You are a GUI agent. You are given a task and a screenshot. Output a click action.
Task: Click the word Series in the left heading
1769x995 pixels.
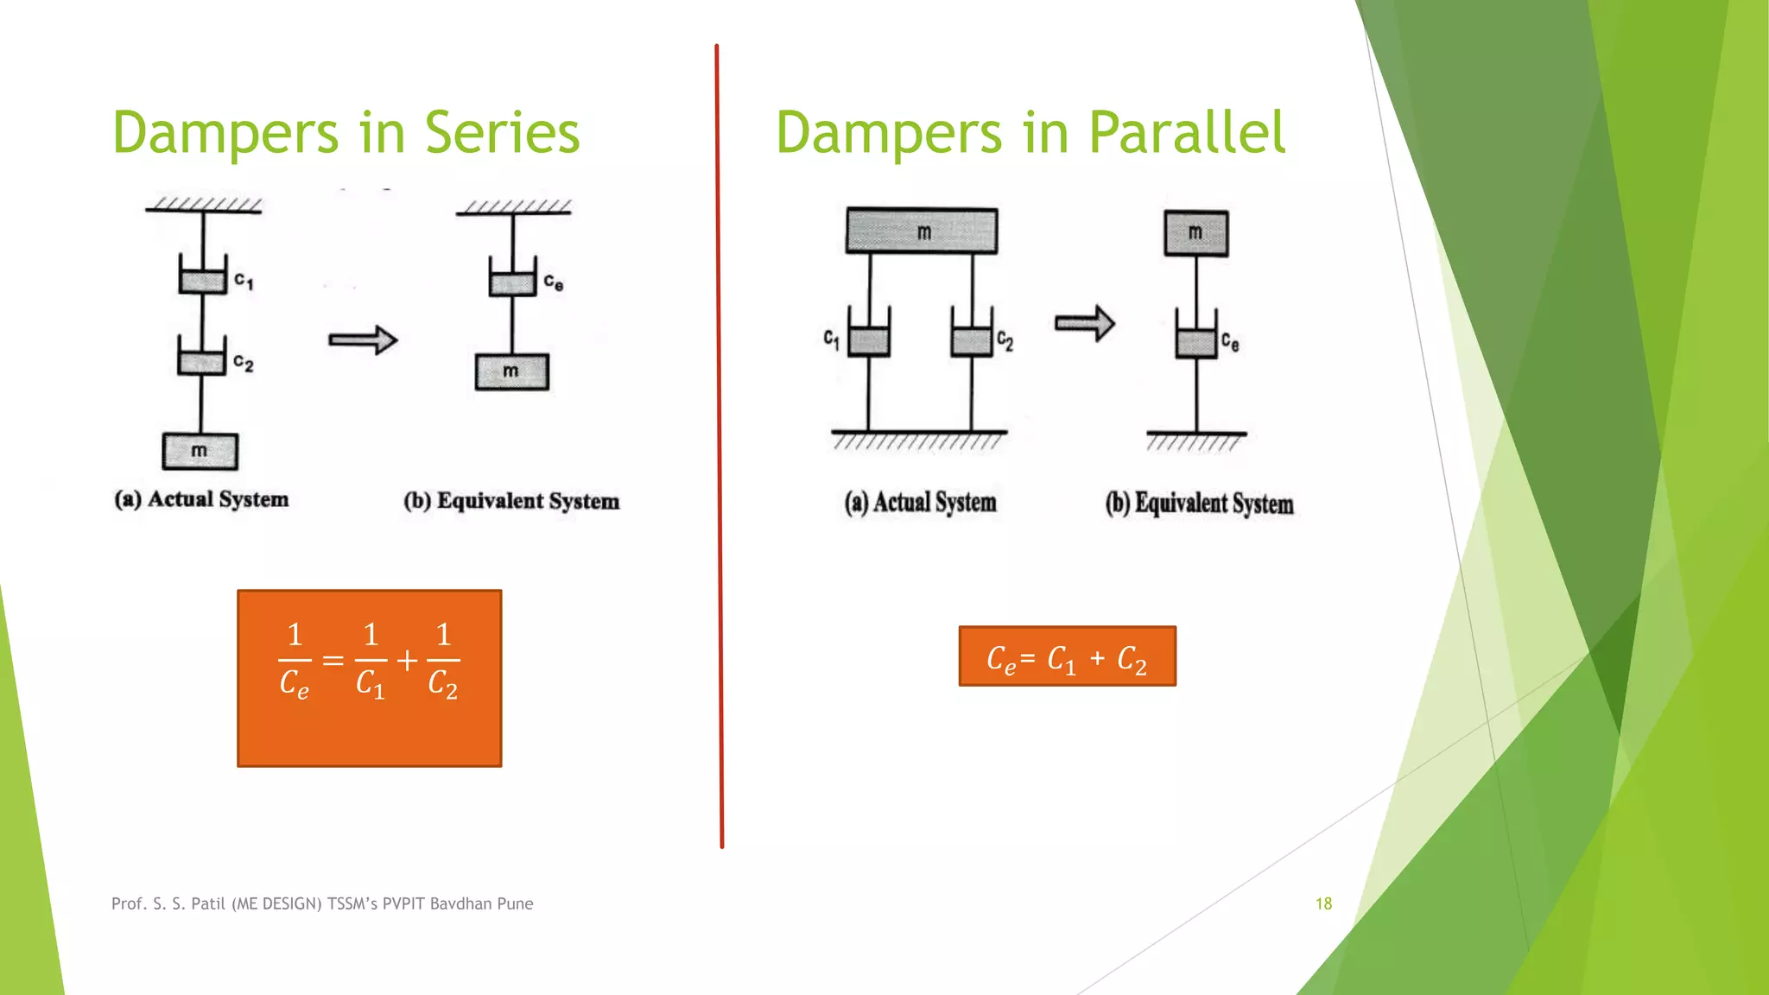click(x=502, y=133)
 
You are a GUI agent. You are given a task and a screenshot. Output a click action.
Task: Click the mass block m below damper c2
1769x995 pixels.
click(x=200, y=451)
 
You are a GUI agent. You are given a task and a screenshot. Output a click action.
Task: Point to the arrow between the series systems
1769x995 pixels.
click(x=363, y=340)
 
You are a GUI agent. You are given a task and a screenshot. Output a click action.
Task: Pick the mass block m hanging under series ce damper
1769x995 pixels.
click(x=512, y=372)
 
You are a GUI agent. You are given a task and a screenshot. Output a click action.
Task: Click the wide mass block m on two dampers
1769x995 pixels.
click(x=922, y=231)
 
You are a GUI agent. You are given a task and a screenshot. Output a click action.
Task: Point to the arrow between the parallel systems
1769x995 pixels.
click(x=1085, y=324)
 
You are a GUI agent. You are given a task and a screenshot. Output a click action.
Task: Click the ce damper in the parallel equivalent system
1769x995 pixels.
click(x=1196, y=337)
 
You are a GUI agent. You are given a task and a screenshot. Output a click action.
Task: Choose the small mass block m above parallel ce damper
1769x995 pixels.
click(x=1196, y=233)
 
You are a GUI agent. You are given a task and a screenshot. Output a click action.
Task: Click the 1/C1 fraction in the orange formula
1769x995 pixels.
click(x=371, y=660)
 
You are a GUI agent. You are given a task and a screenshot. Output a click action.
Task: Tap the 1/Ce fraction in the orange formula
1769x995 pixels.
click(x=295, y=660)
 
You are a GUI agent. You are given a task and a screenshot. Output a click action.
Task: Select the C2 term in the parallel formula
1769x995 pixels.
click(x=1132, y=659)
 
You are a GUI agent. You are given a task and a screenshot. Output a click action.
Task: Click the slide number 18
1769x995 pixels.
click(x=1323, y=903)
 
